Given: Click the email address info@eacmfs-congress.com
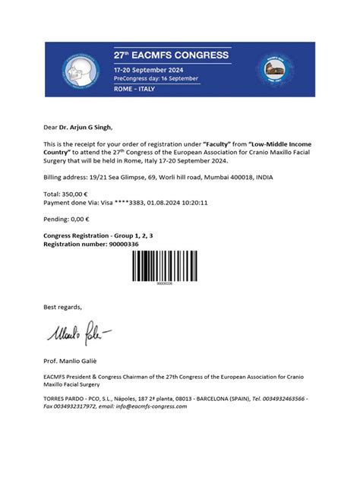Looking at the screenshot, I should coord(150,406).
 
